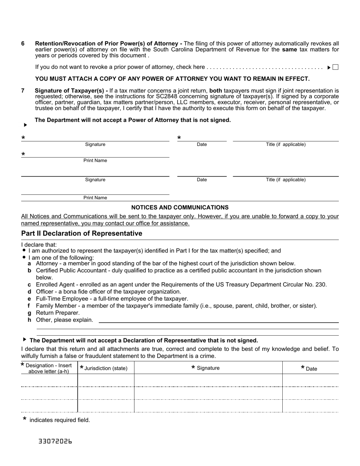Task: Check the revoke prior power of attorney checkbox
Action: [335, 67]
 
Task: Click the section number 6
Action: [23, 44]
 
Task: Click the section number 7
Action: [23, 91]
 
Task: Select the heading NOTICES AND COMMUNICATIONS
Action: [180, 208]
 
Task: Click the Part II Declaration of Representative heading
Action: [82, 233]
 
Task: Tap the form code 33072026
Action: [55, 441]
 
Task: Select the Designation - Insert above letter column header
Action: [49, 368]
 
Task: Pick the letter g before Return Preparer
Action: [29, 313]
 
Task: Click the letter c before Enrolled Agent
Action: [29, 285]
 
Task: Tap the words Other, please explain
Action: [64, 320]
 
